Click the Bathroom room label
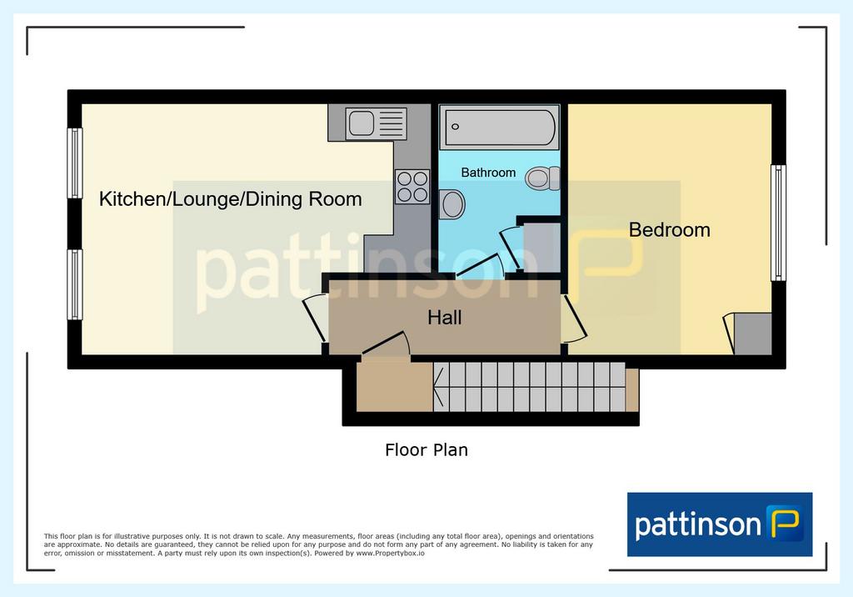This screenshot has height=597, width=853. click(x=488, y=173)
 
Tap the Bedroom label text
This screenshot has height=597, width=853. click(x=669, y=230)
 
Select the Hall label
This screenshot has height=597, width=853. click(x=445, y=318)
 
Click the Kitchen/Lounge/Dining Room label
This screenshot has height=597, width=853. click(x=230, y=199)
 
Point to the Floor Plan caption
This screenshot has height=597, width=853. click(x=426, y=450)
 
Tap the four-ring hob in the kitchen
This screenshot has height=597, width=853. click(x=412, y=187)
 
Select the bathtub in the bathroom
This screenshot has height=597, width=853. click(x=500, y=128)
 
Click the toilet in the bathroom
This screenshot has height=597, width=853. click(x=542, y=178)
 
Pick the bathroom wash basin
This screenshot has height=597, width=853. click(x=452, y=204)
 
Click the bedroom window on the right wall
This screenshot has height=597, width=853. click(x=779, y=223)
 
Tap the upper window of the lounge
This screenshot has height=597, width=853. click(x=74, y=163)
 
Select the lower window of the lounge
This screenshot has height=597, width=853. click(x=74, y=284)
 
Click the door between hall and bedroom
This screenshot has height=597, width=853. click(x=574, y=319)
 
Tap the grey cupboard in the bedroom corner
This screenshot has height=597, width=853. click(x=753, y=334)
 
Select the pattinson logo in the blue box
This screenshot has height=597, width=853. click(x=720, y=524)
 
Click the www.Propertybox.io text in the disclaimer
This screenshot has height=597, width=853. click(x=390, y=554)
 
